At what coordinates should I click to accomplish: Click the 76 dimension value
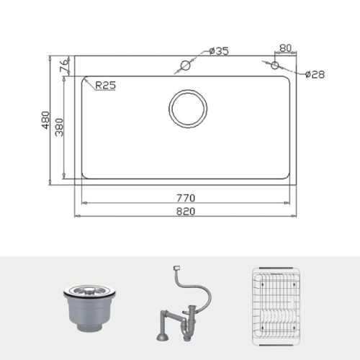(63, 66)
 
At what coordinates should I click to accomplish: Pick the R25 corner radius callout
(105, 84)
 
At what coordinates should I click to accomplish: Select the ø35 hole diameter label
(219, 51)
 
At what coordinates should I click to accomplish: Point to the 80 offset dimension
(285, 48)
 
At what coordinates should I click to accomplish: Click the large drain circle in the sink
(189, 109)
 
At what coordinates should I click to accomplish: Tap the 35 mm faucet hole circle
(185, 66)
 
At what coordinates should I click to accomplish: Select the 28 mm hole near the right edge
(274, 66)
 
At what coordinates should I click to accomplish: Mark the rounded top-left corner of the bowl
(84, 81)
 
